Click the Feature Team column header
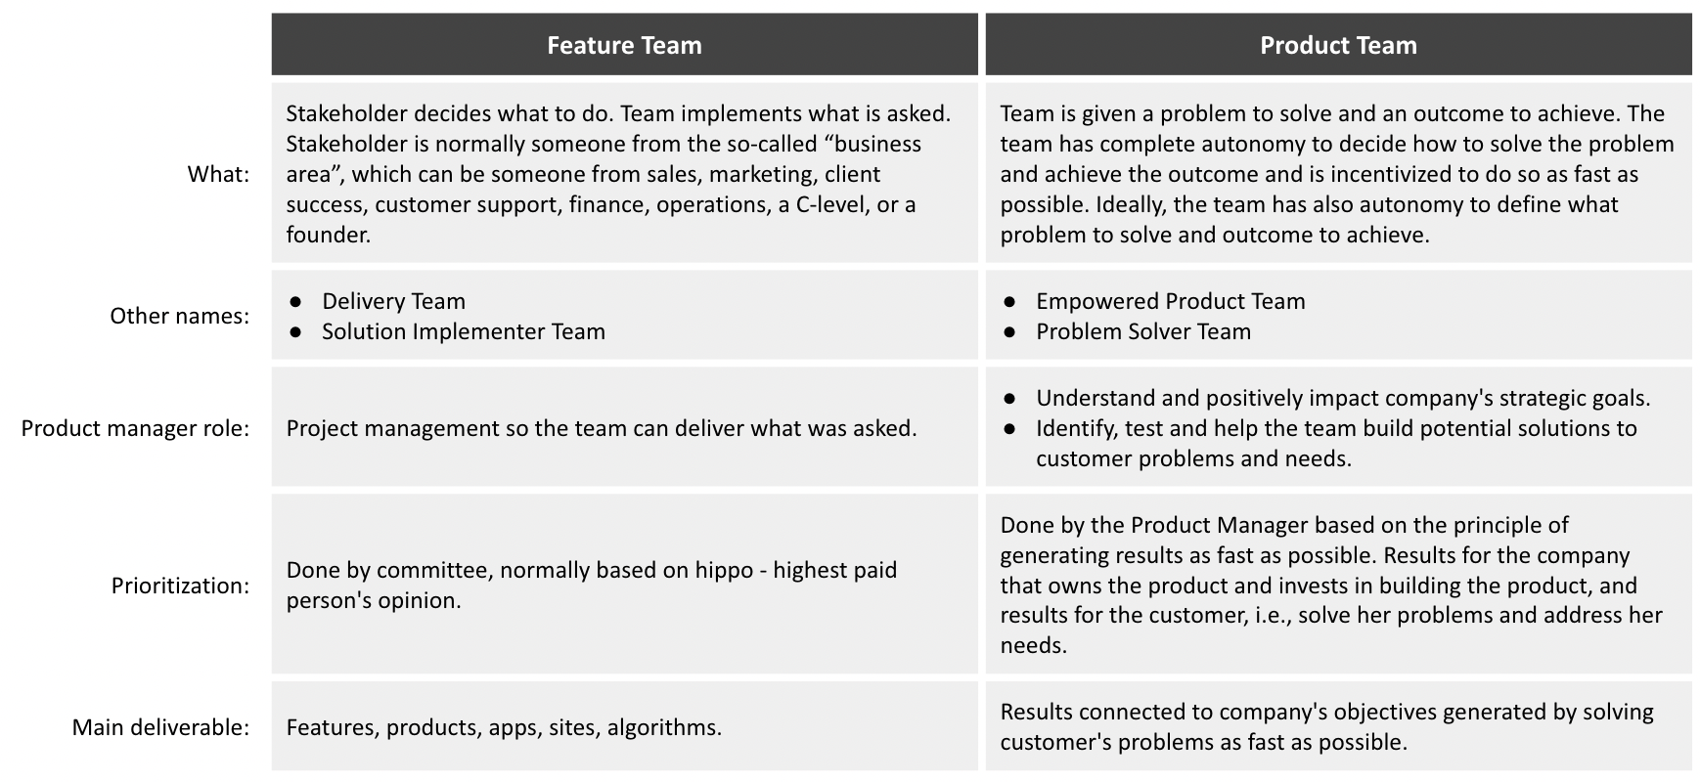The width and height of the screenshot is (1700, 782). click(624, 45)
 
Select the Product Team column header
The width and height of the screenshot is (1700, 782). click(1338, 45)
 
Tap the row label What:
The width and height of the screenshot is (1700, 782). click(218, 174)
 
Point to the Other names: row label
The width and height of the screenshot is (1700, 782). click(179, 316)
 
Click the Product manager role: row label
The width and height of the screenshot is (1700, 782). click(135, 428)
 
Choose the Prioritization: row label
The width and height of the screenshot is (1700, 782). click(180, 586)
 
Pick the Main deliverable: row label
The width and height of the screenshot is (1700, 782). click(160, 727)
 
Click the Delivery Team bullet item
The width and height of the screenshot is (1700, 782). click(393, 301)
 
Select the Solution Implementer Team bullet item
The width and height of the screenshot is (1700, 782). click(463, 331)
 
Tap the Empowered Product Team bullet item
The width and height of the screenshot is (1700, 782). click(1170, 301)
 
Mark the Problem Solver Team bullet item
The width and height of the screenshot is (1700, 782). click(1143, 331)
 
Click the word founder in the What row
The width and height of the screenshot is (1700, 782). click(326, 235)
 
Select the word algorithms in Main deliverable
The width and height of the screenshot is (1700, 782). click(664, 727)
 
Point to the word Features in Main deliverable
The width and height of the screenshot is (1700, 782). click(331, 727)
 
